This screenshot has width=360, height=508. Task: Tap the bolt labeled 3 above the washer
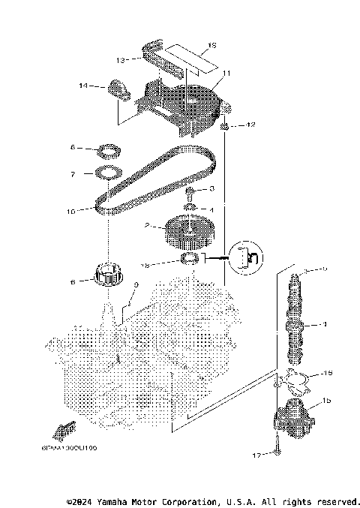[x=190, y=191]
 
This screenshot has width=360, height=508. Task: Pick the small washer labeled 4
[x=190, y=206]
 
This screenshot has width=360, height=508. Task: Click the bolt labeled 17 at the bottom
[x=278, y=451]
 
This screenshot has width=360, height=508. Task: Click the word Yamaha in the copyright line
[x=112, y=501]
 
